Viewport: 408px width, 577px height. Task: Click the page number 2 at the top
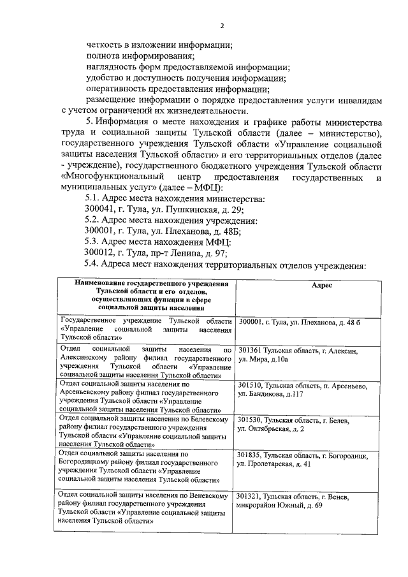222,26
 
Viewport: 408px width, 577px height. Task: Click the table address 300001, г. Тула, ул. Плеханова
300,323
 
